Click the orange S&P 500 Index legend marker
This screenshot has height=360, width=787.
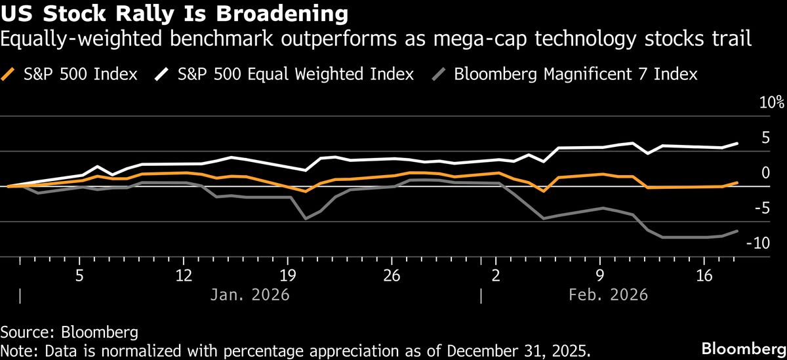(x=9, y=73)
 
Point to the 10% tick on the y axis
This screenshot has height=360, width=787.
(x=771, y=103)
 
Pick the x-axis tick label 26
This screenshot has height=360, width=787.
(x=392, y=274)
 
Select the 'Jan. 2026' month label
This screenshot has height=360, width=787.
(x=250, y=295)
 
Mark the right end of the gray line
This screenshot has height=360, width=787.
(x=738, y=231)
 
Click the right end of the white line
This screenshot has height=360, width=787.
(x=738, y=143)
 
